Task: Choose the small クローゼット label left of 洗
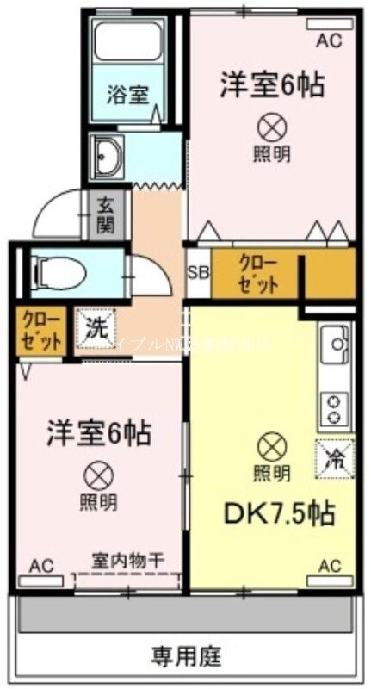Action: point(40,330)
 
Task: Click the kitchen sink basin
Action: point(333,348)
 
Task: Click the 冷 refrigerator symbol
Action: point(334,457)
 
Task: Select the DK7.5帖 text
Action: point(280,514)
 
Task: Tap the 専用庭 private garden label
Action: point(187,657)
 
